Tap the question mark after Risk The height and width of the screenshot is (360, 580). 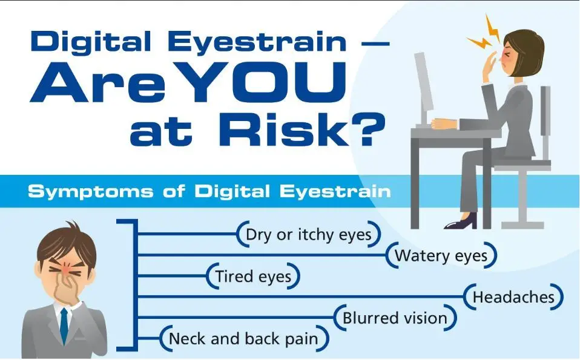(366, 129)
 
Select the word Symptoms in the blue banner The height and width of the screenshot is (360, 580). (90, 191)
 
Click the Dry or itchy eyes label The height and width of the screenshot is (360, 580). (309, 234)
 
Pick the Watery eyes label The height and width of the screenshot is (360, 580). (441, 255)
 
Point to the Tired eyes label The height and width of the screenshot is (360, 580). (253, 276)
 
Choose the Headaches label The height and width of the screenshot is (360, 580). (513, 297)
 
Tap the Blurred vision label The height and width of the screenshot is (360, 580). (395, 318)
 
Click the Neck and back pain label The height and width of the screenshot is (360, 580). (244, 339)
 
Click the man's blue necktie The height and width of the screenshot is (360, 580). (64, 326)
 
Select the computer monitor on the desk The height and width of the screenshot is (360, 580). (424, 89)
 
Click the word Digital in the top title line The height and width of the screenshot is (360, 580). (91, 41)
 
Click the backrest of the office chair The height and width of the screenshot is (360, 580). (545, 111)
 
